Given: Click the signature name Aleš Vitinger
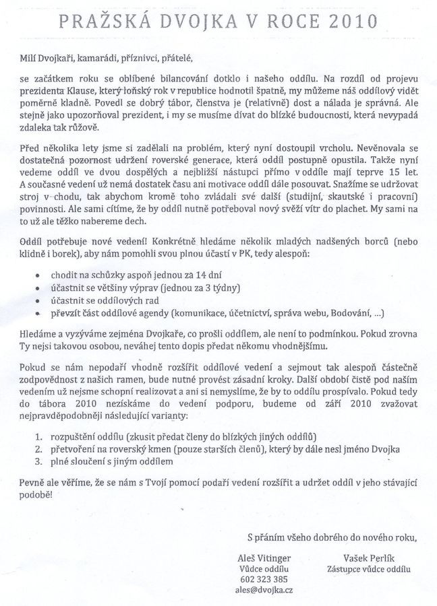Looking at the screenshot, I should point(268,558).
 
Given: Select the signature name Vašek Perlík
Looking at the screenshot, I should point(367,558).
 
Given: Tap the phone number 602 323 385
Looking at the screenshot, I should point(268,578).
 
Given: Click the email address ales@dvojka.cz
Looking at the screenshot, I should point(268,589).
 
